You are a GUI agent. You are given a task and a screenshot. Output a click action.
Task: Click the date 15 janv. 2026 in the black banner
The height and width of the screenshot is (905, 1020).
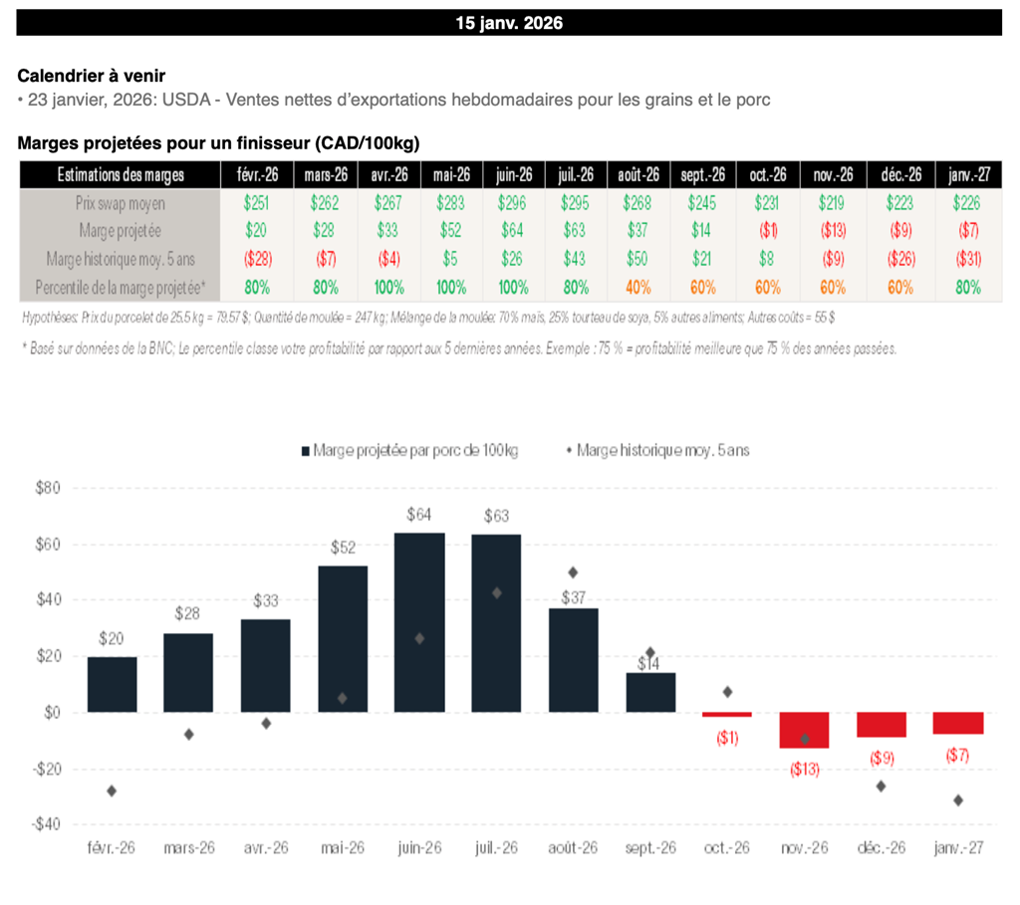pyautogui.click(x=509, y=23)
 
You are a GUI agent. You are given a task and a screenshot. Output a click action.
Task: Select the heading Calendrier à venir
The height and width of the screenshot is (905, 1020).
pyautogui.click(x=92, y=76)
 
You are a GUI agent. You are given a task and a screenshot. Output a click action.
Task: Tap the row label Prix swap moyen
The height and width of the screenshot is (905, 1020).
pyautogui.click(x=120, y=202)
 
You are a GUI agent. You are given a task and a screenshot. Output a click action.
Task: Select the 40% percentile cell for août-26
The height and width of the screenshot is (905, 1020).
pyautogui.click(x=639, y=287)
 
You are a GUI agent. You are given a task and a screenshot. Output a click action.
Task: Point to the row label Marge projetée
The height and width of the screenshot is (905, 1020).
pyautogui.click(x=120, y=231)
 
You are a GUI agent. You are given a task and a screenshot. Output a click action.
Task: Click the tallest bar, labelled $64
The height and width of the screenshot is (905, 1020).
pyautogui.click(x=419, y=622)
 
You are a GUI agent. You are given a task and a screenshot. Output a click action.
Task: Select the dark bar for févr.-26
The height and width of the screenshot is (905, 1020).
pyautogui.click(x=112, y=684)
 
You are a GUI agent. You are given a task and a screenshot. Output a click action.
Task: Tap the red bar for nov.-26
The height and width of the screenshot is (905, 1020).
pyautogui.click(x=804, y=730)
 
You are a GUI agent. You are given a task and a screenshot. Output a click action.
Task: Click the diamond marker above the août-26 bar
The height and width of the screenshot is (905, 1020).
pyautogui.click(x=573, y=572)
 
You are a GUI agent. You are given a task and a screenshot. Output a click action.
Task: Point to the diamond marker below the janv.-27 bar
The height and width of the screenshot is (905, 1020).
pyautogui.click(x=958, y=800)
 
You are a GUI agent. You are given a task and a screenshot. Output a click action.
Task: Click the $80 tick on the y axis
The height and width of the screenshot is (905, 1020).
pyautogui.click(x=48, y=489)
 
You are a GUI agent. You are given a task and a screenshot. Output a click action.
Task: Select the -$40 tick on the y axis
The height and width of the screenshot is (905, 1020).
pyautogui.click(x=46, y=824)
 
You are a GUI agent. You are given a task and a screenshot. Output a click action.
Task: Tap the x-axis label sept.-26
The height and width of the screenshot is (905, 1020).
pyautogui.click(x=650, y=848)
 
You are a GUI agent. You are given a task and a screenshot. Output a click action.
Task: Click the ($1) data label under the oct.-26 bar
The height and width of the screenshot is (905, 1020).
pyautogui.click(x=727, y=738)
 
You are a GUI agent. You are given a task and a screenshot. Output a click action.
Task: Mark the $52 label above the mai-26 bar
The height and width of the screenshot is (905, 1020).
pyautogui.click(x=343, y=548)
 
